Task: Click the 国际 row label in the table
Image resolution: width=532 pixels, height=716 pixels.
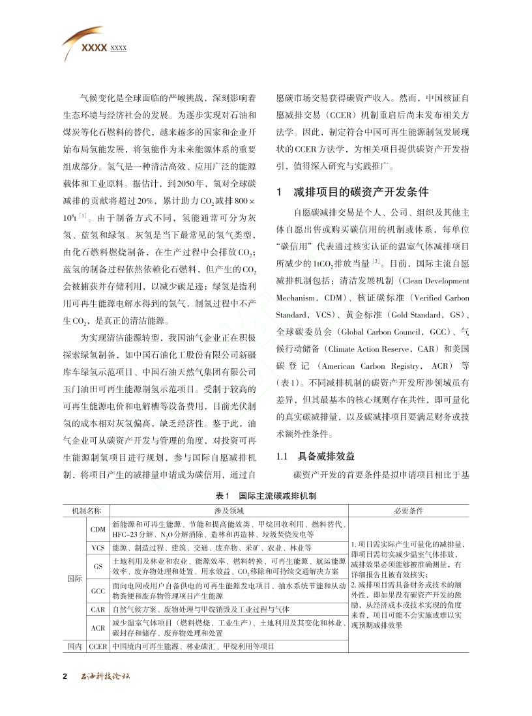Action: (x=74, y=578)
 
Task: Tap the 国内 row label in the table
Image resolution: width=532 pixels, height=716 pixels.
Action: (x=74, y=647)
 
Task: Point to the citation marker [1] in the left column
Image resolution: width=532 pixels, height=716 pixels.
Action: (x=83, y=215)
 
